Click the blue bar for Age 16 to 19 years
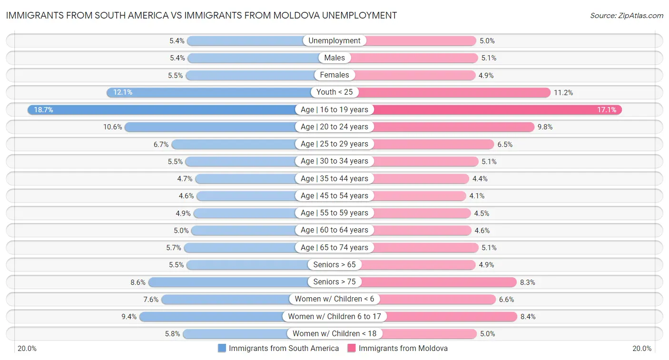point(162,110)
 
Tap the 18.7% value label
point(43,110)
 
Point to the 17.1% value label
point(607,110)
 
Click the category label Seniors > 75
point(334,282)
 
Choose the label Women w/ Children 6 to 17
point(334,316)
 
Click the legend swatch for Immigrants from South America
point(222,348)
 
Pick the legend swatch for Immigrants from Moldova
point(352,348)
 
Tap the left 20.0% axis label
point(27,349)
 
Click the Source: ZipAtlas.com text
point(626,16)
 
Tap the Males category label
point(334,58)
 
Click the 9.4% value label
point(128,316)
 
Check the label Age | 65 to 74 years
point(334,247)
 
